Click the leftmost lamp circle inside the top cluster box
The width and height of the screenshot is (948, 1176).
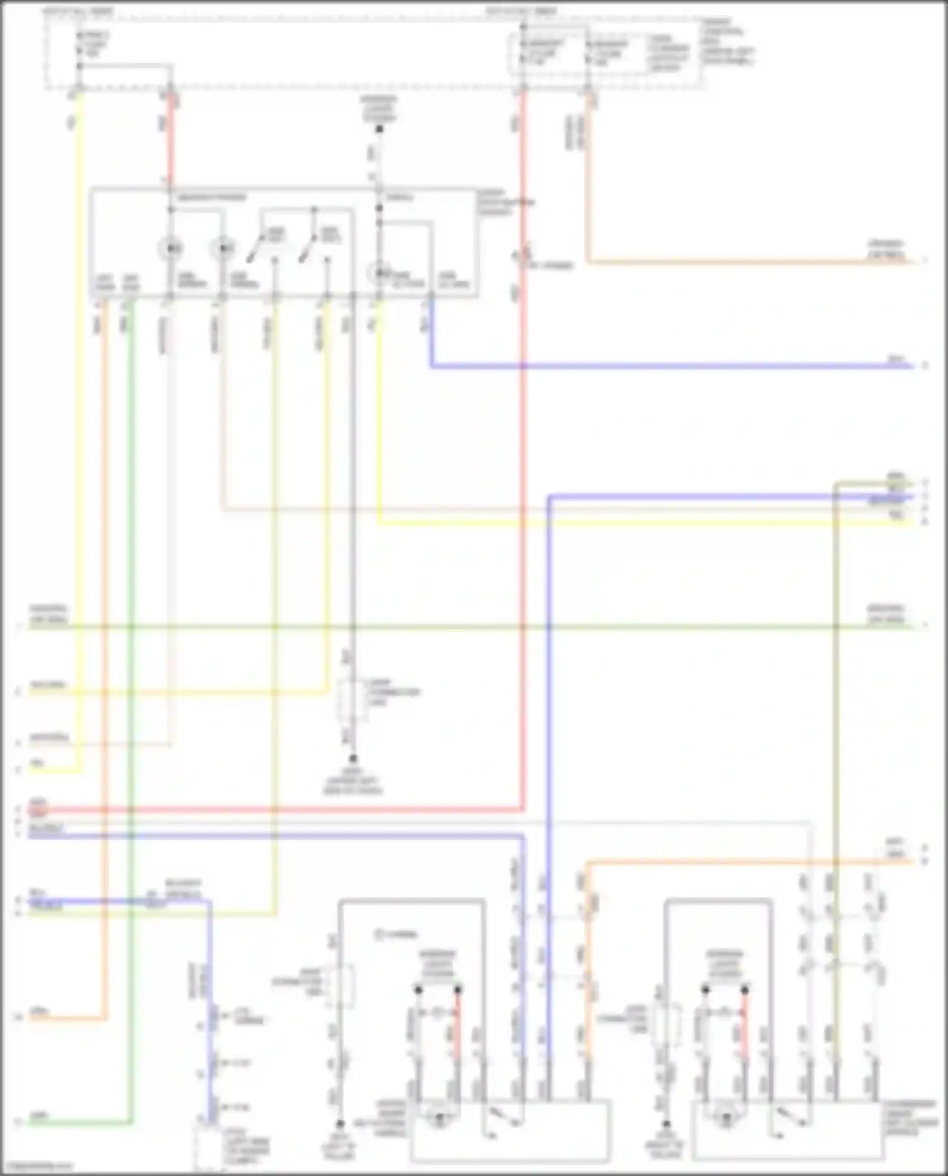(170, 249)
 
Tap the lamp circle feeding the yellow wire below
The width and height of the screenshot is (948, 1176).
(379, 273)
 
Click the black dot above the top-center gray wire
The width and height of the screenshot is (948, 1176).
(379, 129)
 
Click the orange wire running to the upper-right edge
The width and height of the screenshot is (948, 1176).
(746, 261)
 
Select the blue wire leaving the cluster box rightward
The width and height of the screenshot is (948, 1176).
(670, 366)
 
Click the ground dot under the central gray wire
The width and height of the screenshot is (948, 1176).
(353, 758)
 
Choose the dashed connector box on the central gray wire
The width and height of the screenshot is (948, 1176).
(353, 701)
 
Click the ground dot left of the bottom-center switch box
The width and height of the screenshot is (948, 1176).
(339, 1124)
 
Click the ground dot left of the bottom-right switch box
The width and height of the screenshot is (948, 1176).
(665, 1124)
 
